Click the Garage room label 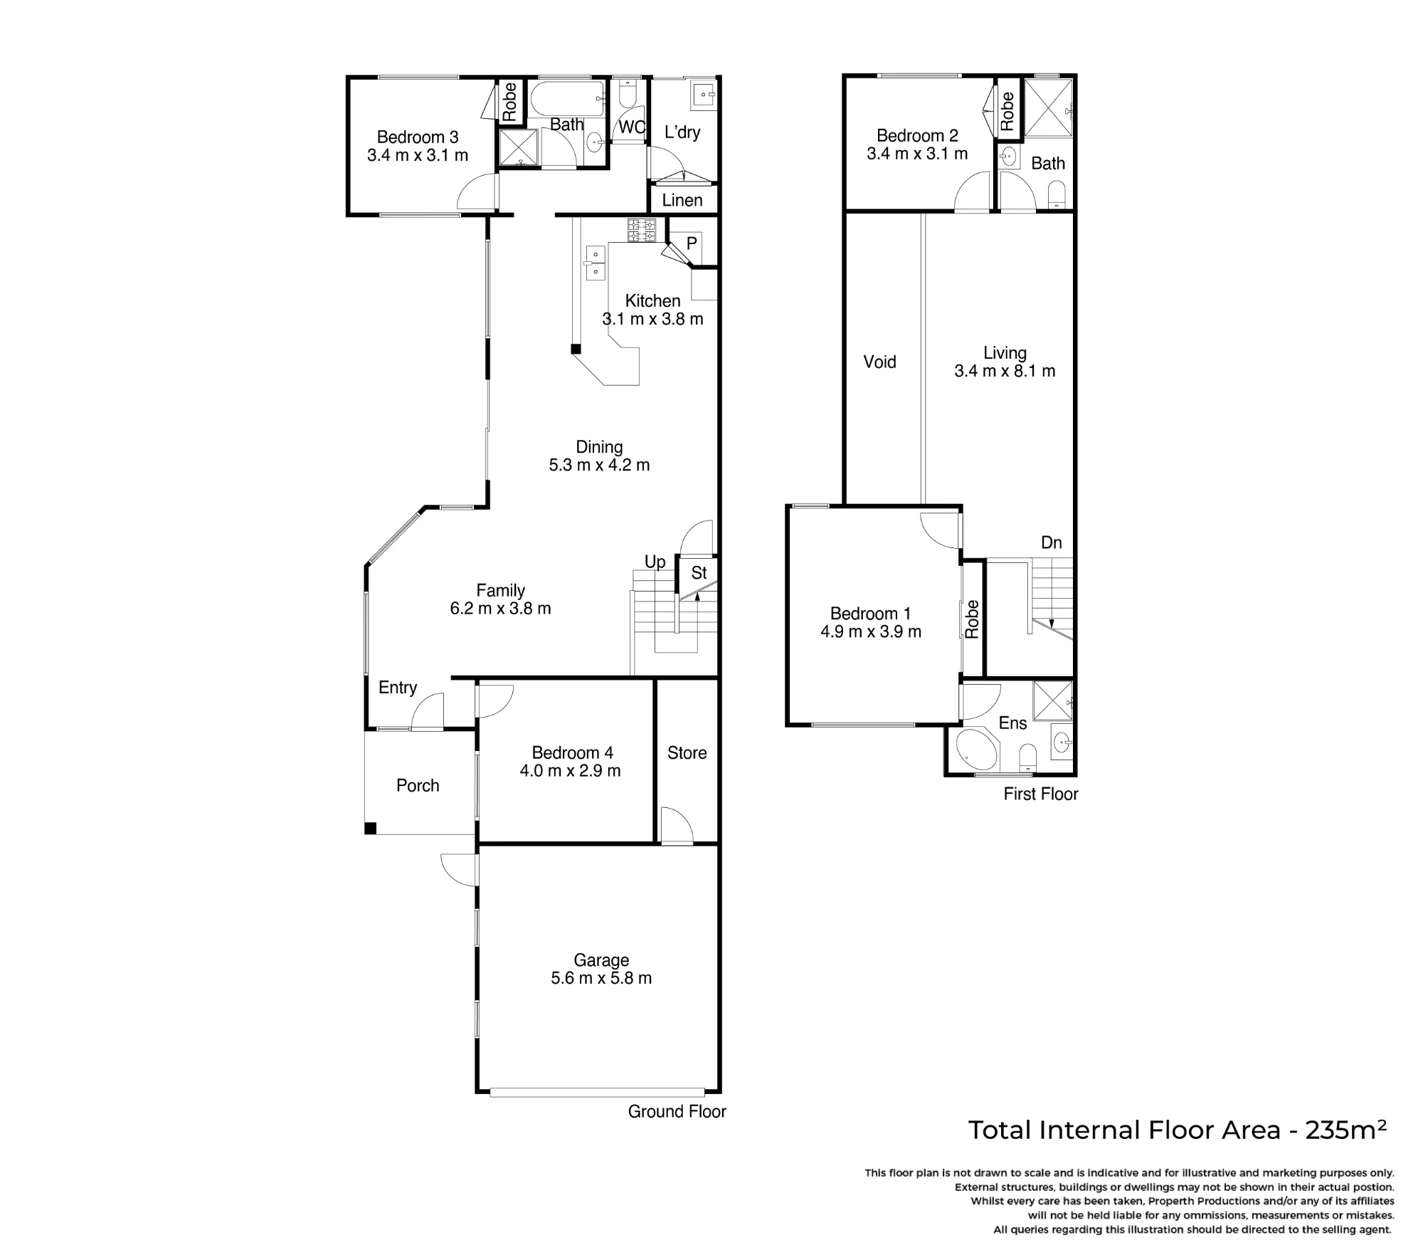601,960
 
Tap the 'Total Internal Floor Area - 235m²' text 1178,1130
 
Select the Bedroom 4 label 572,752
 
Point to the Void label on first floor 879,362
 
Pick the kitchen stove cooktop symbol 641,231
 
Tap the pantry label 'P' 691,243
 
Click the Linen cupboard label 682,200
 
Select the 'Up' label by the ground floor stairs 655,562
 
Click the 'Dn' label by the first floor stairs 1051,542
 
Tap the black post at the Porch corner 370,829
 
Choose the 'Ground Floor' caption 677,1111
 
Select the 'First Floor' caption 1041,794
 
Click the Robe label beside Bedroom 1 972,619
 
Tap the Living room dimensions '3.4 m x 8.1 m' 1005,371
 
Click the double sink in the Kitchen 595,263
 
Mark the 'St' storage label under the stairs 699,572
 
